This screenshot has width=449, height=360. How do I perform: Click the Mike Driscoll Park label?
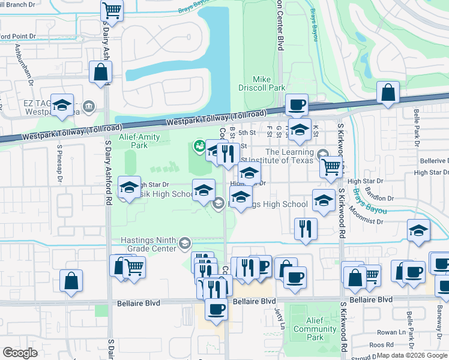[x=269, y=83]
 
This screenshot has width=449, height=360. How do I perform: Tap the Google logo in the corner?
[x=20, y=353]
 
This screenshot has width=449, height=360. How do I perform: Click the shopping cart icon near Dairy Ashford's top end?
[x=112, y=10]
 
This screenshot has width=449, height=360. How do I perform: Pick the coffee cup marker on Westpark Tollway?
[x=296, y=105]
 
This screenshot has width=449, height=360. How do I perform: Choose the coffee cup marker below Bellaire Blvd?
[x=216, y=309]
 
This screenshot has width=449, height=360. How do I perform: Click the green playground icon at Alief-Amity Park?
[x=198, y=146]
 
